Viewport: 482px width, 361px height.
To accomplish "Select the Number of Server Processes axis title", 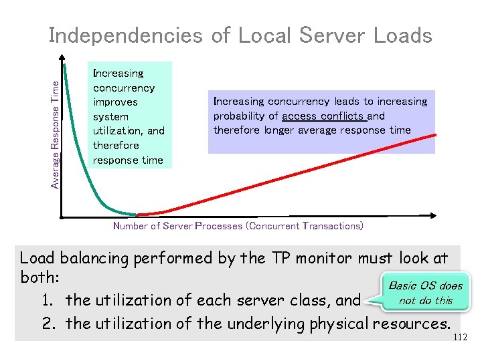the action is (238, 226).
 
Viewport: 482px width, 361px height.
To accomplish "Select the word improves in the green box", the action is (115, 102).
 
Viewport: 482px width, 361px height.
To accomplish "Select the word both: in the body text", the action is (43, 279).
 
